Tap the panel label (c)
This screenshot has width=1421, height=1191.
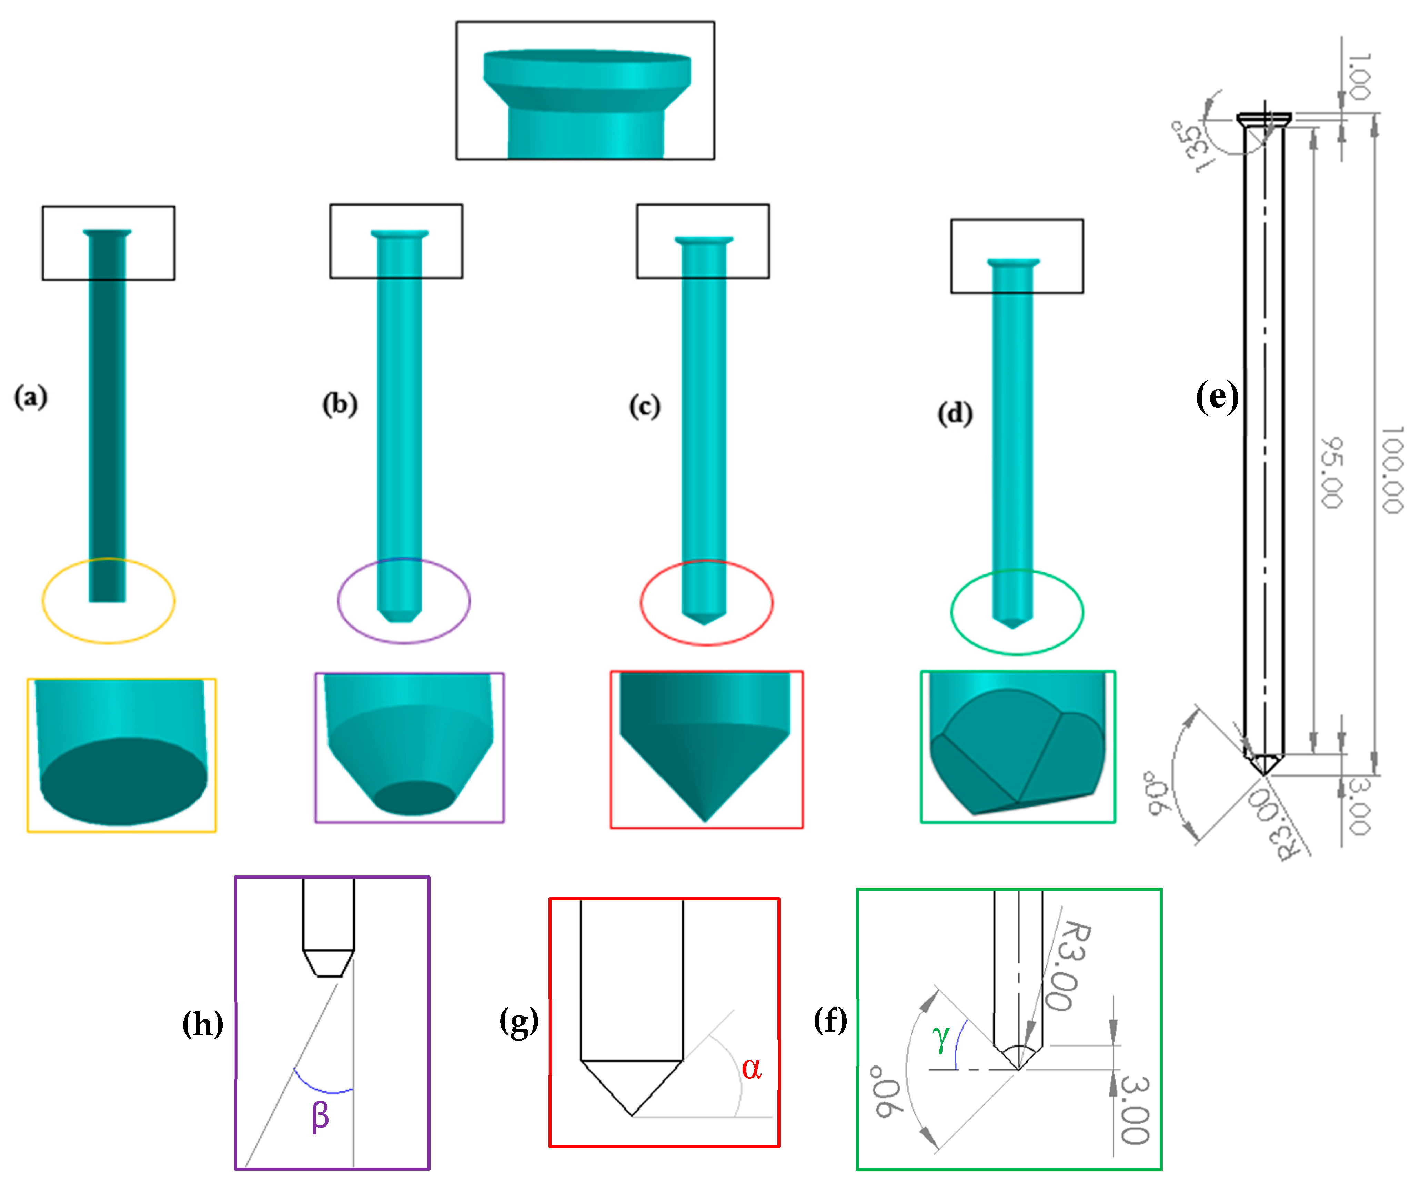click(x=644, y=407)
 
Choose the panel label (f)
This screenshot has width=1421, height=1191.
click(x=830, y=1019)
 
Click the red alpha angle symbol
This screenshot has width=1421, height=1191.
click(x=751, y=1068)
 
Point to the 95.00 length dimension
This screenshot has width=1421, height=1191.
click(x=1332, y=472)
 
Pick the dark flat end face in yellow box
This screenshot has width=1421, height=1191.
click(x=124, y=782)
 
